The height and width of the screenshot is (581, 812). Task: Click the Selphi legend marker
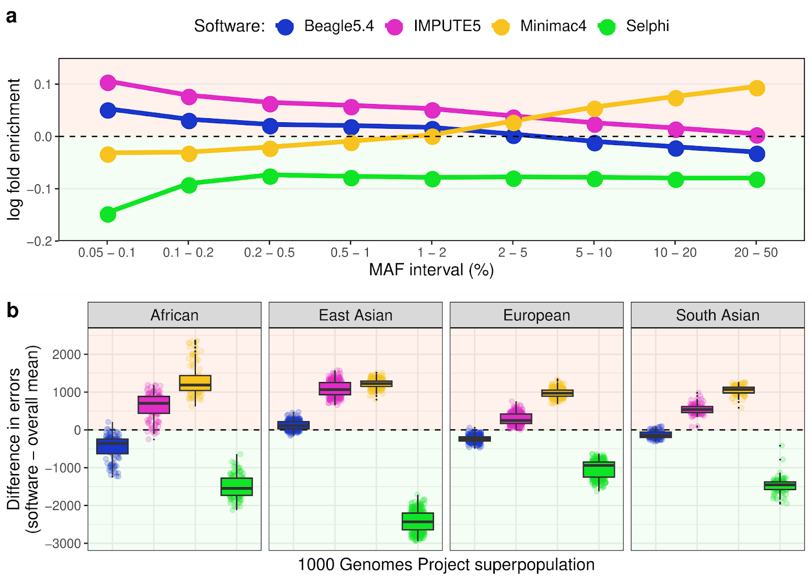click(606, 26)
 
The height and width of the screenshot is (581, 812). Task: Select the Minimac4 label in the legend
click(553, 26)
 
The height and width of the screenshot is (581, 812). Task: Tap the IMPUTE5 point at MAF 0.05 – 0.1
click(108, 83)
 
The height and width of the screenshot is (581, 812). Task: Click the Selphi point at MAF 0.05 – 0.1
click(108, 214)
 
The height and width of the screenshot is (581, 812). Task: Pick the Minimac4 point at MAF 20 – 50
click(757, 88)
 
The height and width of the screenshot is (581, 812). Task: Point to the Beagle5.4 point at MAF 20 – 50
click(757, 154)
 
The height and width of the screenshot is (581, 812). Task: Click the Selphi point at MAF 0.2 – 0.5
click(270, 176)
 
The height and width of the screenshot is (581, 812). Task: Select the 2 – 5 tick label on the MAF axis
click(513, 253)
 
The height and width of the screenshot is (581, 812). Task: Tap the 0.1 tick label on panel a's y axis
click(43, 84)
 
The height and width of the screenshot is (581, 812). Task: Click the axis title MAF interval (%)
click(431, 270)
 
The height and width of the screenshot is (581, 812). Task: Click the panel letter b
click(12, 311)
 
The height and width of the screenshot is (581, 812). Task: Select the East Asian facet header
click(355, 315)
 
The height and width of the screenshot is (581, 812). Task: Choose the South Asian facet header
click(717, 315)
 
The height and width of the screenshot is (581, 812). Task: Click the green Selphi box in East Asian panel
click(418, 521)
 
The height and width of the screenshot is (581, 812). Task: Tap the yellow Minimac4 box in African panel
click(195, 383)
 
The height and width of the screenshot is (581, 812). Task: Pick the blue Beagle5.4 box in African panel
click(112, 446)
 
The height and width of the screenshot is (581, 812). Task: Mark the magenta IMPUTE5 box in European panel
click(516, 419)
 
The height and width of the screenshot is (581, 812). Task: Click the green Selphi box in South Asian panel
click(780, 486)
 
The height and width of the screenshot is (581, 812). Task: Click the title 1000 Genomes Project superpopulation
click(446, 564)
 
